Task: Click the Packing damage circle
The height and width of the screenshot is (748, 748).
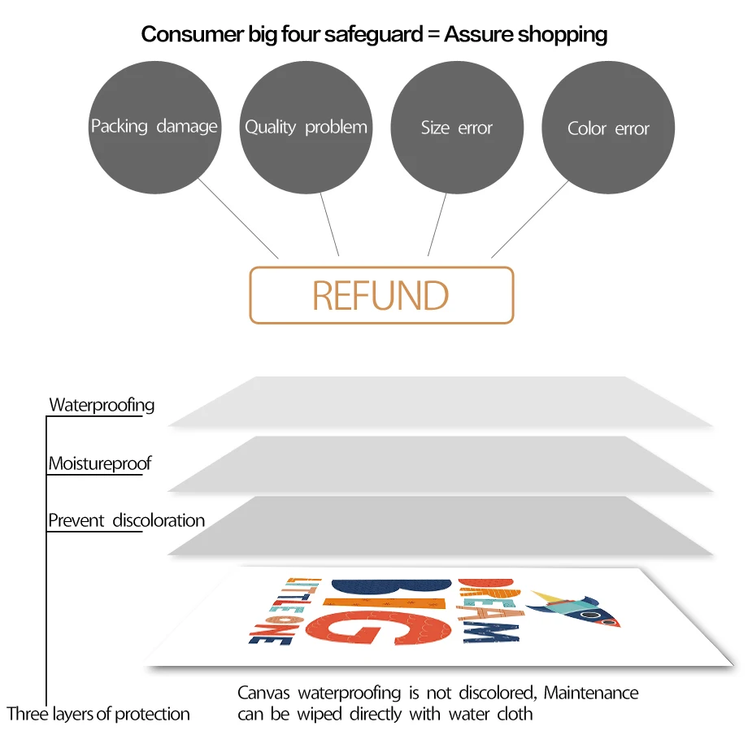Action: point(154,128)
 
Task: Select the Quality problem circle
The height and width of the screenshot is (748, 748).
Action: point(306,128)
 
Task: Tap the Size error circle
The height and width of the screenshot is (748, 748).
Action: point(457,128)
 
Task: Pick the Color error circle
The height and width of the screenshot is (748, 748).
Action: point(608,128)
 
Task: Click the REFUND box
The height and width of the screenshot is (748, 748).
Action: point(381,295)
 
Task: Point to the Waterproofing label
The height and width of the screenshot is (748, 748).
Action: point(102,405)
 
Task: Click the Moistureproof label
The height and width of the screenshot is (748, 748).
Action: point(99,464)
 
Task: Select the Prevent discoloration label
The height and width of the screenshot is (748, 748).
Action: point(126,520)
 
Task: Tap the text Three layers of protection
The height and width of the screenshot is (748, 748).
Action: point(98,714)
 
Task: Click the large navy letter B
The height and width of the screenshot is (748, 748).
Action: point(390,585)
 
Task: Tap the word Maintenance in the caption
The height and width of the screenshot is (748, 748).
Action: point(591,693)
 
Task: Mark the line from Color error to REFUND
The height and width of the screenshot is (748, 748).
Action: point(529,219)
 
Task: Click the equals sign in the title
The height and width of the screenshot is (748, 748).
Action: point(431,34)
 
